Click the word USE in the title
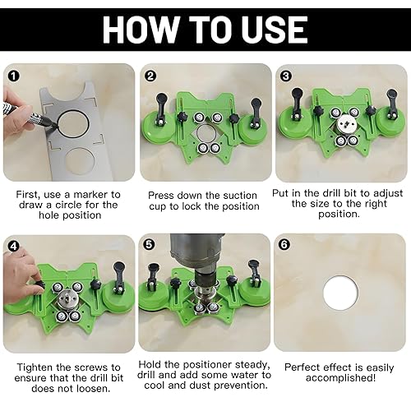[275, 30]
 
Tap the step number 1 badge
[14, 76]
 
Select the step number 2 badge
[150, 76]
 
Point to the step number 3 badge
[286, 76]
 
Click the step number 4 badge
[13, 247]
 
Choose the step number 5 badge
[149, 245]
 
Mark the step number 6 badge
[284, 245]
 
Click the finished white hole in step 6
[340, 293]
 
